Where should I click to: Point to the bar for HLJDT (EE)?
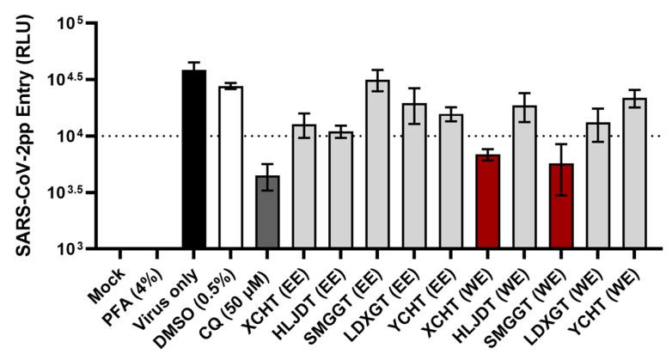coord(340,191)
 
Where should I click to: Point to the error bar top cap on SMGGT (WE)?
coord(561,144)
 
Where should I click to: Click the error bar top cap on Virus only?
coord(194,63)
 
